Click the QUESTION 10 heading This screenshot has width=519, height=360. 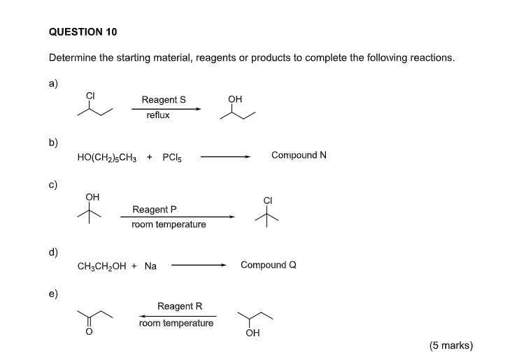[x=83, y=32]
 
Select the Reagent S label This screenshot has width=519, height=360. [x=164, y=100]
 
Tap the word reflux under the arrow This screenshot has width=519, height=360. [x=158, y=115]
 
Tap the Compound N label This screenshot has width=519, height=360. [x=299, y=155]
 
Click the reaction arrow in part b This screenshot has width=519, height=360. [x=225, y=157]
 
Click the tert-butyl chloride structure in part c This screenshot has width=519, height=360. [x=267, y=213]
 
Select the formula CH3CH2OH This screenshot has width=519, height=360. [x=101, y=266]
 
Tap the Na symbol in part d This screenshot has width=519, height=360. [x=150, y=266]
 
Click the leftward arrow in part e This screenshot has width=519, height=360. [x=176, y=315]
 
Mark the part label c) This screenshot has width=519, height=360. [x=53, y=185]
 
